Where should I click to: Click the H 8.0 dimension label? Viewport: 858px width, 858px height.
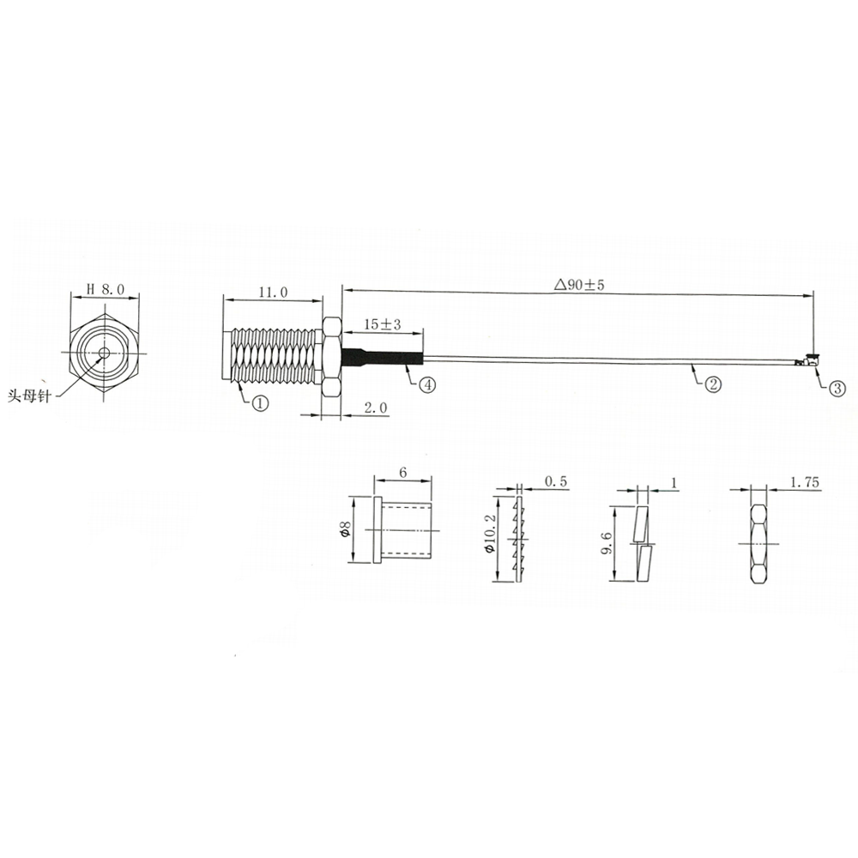tap(106, 289)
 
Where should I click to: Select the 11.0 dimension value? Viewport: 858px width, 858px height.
tap(273, 293)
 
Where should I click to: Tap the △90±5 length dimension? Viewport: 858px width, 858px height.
tap(579, 285)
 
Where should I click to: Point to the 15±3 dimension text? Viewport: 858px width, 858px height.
tap(382, 324)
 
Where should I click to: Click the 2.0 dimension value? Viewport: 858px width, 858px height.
tap(375, 408)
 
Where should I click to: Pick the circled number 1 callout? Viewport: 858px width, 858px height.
tap(260, 404)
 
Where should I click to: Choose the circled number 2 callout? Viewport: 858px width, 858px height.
tap(712, 384)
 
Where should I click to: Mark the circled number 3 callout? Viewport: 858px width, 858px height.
tap(837, 388)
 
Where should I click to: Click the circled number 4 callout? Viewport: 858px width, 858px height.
tap(427, 384)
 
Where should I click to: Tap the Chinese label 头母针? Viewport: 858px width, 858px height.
tap(28, 396)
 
